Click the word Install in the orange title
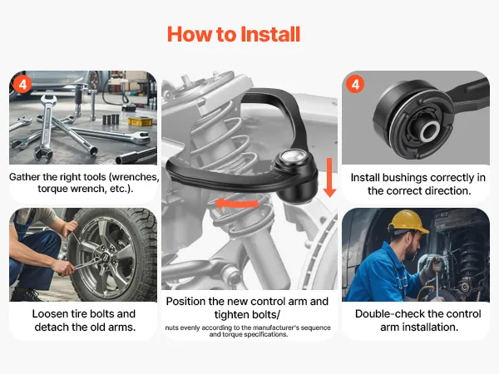click(270, 34)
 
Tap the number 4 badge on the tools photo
click(22, 85)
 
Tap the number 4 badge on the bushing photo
click(355, 84)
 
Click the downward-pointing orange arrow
click(329, 178)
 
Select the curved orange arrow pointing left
click(237, 204)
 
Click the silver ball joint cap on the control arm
click(293, 156)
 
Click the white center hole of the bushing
click(431, 130)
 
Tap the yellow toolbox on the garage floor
click(140, 121)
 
